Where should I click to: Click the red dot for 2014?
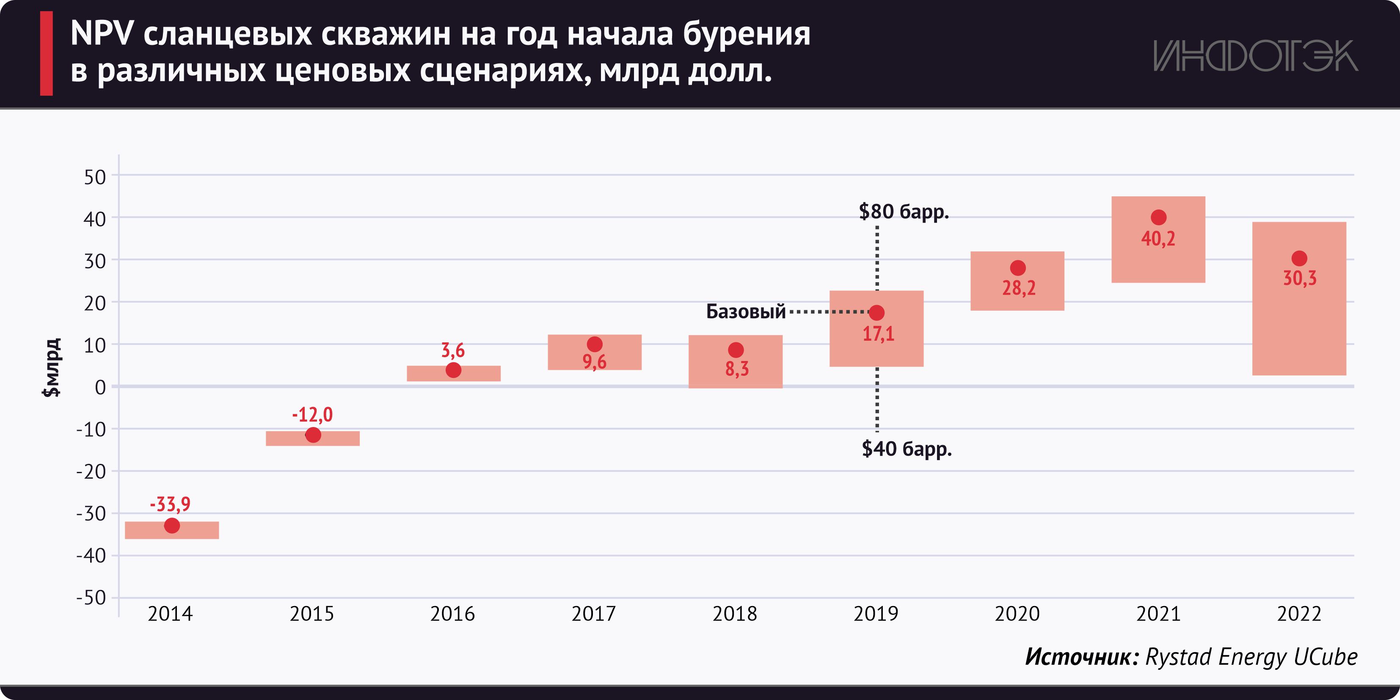(x=172, y=526)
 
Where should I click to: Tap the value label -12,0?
(x=312, y=415)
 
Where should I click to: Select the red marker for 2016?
(x=453, y=370)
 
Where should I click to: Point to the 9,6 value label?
(x=595, y=362)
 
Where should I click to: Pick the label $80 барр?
(x=904, y=212)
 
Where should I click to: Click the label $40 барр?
(x=907, y=449)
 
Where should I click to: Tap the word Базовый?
(x=746, y=311)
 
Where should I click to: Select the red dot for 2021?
(x=1158, y=218)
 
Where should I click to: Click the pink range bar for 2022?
(x=1299, y=326)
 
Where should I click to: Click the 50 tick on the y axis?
(x=95, y=177)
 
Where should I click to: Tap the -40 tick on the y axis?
(x=91, y=555)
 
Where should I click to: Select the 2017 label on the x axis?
(x=593, y=614)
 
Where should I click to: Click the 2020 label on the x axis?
(x=1017, y=614)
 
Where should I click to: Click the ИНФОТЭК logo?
(x=1255, y=55)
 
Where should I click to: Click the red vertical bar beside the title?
(x=47, y=53)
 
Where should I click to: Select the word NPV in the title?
(x=102, y=34)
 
